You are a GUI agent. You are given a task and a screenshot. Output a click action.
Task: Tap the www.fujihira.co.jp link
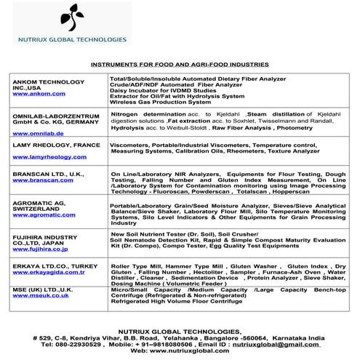pos(33,249)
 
